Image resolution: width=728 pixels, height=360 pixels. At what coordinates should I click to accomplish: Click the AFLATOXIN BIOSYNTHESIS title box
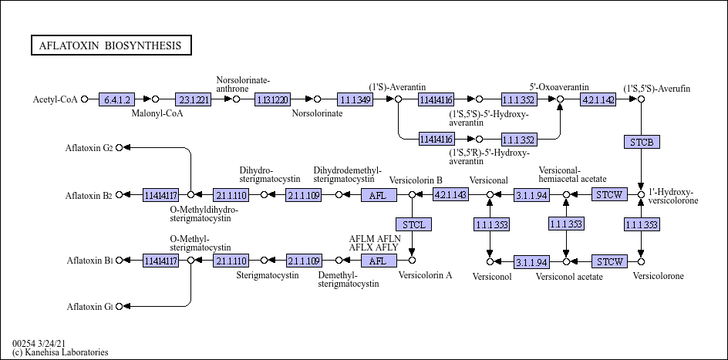[111, 45]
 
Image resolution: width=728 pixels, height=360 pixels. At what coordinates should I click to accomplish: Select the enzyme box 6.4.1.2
[117, 99]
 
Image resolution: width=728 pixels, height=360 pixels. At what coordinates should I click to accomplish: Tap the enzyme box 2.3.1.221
[193, 99]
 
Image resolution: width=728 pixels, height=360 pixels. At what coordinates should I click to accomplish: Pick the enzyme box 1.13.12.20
[272, 99]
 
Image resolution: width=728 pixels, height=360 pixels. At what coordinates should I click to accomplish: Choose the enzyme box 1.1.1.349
[355, 99]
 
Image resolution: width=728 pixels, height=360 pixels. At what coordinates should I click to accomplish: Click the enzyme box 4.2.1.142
[598, 99]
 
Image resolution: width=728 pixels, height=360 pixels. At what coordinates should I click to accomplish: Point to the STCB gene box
[641, 142]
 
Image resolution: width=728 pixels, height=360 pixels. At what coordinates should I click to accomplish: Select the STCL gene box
[413, 224]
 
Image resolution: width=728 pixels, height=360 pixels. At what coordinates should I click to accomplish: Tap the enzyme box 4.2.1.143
[450, 195]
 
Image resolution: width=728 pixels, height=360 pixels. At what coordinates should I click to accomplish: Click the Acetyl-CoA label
[56, 99]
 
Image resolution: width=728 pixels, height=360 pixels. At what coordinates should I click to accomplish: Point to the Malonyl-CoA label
[157, 113]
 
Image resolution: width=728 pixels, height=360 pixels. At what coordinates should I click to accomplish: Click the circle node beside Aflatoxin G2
[119, 147]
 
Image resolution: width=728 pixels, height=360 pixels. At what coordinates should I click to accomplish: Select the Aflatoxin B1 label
[89, 261]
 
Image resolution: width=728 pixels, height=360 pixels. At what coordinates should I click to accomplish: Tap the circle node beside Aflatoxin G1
[119, 307]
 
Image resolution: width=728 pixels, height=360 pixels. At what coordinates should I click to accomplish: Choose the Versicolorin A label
[425, 275]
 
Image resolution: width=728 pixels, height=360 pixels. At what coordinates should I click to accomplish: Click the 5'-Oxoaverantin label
[559, 87]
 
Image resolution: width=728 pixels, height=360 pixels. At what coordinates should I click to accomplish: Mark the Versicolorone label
[657, 275]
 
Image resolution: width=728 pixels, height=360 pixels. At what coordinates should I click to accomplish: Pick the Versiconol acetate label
[569, 276]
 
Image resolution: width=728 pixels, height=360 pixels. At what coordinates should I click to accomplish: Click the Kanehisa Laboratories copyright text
[60, 352]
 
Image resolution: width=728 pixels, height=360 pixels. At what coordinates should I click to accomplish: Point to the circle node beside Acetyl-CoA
[85, 99]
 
